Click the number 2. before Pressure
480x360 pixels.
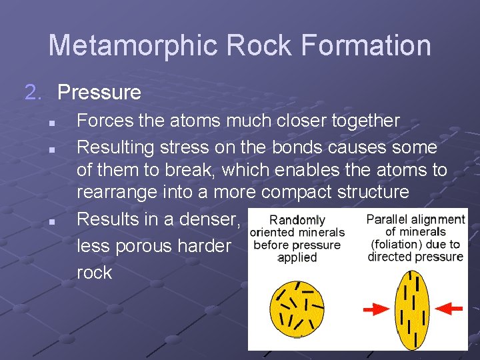coord(35,92)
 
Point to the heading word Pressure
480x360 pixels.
coord(99,92)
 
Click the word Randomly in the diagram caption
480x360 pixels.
coord(297,220)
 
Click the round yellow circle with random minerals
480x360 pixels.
coord(297,309)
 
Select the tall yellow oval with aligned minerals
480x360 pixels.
coord(413,308)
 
